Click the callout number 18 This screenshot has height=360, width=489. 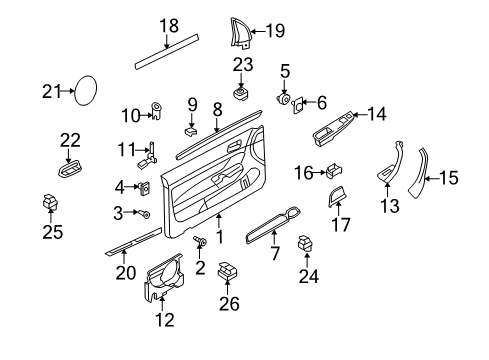pyautogui.click(x=169, y=26)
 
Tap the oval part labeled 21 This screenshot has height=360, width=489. pyautogui.click(x=85, y=90)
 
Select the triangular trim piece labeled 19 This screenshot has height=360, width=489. pyautogui.click(x=240, y=33)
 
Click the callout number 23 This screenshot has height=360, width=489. pyautogui.click(x=243, y=65)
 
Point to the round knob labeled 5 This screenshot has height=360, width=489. pyautogui.click(x=284, y=99)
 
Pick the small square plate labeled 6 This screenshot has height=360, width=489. pyautogui.click(x=298, y=105)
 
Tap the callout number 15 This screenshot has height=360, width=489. pyautogui.click(x=449, y=178)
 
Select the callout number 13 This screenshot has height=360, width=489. pyautogui.click(x=389, y=206)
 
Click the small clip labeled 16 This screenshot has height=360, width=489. pyautogui.click(x=334, y=171)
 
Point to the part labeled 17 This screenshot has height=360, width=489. pyautogui.click(x=336, y=196)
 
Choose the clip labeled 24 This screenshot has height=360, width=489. pyautogui.click(x=305, y=243)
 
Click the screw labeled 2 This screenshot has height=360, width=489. pyautogui.click(x=200, y=241)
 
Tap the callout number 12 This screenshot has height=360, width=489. pyautogui.click(x=165, y=320)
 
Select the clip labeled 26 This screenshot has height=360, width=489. pyautogui.click(x=227, y=270)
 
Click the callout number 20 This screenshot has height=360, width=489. pyautogui.click(x=126, y=273)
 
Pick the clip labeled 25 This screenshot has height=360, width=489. pyautogui.click(x=50, y=202)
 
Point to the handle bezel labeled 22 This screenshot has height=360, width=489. pyautogui.click(x=70, y=168)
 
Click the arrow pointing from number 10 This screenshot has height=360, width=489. pyautogui.click(x=147, y=116)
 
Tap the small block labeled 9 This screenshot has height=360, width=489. pyautogui.click(x=191, y=131)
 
